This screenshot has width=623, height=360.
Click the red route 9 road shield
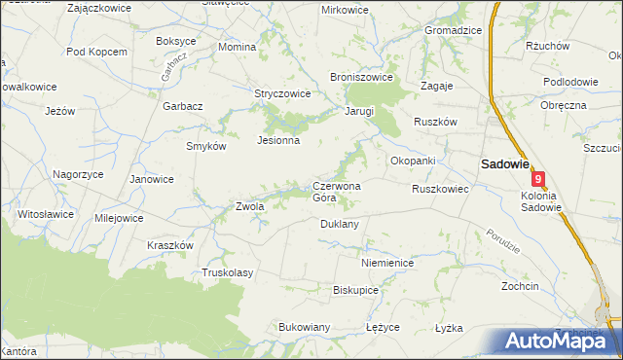pos(538,179)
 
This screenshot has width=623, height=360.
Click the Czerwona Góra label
pos(337,192)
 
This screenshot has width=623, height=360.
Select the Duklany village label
pos(340,224)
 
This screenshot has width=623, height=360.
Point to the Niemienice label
pos(387,263)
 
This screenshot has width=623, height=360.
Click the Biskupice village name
pos(355,290)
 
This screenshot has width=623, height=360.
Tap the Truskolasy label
pos(227,272)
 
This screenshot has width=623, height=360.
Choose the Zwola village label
pos(250,206)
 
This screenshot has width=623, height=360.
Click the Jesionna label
pos(277,140)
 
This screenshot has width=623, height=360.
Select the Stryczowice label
pos(282,94)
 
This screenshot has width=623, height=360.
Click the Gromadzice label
pos(453,30)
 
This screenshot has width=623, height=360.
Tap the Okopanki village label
pos(412,160)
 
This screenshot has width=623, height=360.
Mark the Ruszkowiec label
pos(440,189)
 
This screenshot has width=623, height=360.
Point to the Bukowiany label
pos(305,327)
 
